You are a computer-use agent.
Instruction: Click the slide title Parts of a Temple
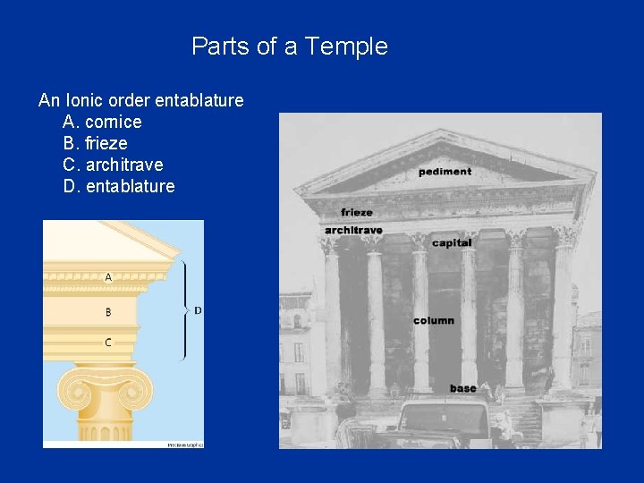[x=290, y=47]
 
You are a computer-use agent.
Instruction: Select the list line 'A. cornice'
[x=102, y=122]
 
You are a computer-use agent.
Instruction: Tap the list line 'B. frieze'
[x=95, y=143]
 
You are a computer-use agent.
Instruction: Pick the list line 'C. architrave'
[x=113, y=165]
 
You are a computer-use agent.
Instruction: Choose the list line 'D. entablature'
[x=119, y=186]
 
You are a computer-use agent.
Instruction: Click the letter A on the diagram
[x=108, y=277]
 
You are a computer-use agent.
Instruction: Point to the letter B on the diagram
[x=108, y=312]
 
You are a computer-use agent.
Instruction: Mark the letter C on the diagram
[x=108, y=342]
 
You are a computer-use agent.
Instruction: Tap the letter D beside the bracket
[x=198, y=310]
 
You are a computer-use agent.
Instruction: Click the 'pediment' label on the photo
[x=445, y=171]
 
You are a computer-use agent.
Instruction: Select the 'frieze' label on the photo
[x=357, y=212]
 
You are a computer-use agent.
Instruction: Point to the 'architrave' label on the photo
[x=353, y=230]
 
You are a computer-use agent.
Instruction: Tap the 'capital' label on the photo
[x=451, y=242]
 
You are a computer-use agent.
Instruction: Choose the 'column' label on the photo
[x=434, y=320]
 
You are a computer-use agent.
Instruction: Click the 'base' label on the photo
[x=463, y=388]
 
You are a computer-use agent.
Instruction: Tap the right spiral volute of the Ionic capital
[x=140, y=392]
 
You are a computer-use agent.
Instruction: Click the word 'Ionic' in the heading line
[x=80, y=100]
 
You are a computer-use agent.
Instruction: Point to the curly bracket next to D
[x=184, y=309]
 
